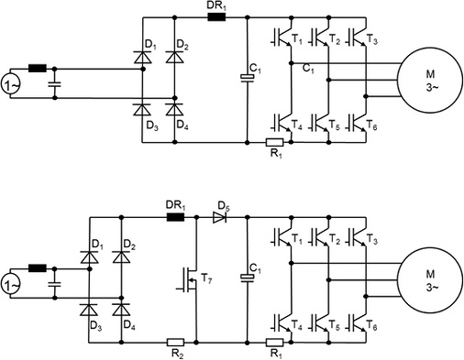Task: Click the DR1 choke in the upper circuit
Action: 216,17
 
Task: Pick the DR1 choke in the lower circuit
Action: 172,218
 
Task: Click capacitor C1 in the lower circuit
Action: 247,276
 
